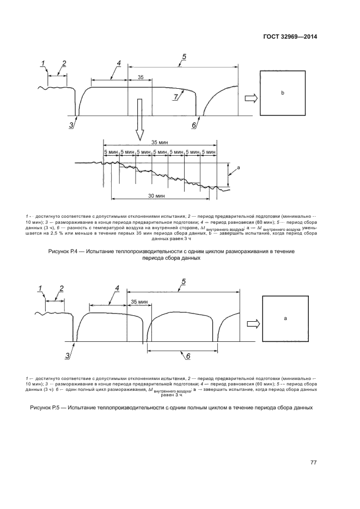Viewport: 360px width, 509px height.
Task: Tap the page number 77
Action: tap(313, 463)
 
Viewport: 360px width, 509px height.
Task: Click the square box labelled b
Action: tap(282, 94)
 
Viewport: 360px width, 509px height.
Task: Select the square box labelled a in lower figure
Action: tap(285, 317)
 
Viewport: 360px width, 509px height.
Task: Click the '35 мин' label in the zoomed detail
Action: tap(160, 142)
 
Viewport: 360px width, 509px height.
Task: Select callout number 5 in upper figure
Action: tap(184, 57)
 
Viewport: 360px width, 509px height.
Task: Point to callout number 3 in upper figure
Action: tap(71, 125)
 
